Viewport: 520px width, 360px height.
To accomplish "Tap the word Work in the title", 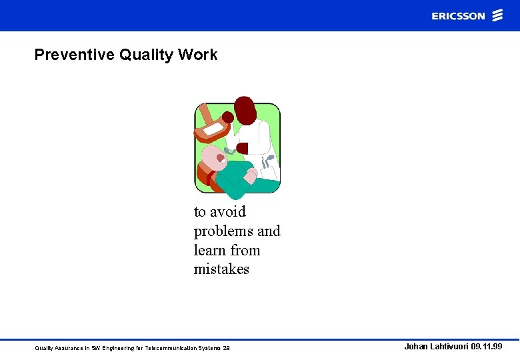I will click(198, 55).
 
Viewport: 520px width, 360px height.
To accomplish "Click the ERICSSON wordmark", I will click(458, 16).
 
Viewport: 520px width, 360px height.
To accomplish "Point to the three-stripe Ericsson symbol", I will click(497, 16).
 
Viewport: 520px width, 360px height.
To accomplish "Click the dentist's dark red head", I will click(245, 109).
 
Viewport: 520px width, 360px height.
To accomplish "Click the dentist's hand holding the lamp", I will click(228, 118).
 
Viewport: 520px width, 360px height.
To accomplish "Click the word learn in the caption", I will click(209, 251).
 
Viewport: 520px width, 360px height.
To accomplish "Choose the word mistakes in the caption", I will click(221, 270).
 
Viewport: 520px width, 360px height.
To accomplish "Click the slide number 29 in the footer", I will click(226, 348).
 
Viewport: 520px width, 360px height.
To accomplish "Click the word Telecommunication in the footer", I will click(166, 348).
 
